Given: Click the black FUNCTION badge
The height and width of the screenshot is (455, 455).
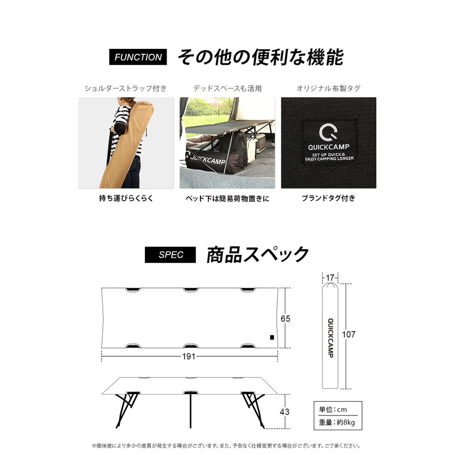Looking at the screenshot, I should pos(138,57).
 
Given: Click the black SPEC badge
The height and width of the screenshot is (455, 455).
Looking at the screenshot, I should pos(170,255).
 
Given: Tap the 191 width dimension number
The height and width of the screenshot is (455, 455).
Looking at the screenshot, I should pos(189,356).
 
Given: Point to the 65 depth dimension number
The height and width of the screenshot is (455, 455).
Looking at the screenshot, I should pos(285,319).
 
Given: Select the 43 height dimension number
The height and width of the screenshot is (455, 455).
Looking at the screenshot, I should pos(285,412).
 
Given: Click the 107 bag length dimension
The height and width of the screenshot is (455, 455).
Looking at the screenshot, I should pos(349,335).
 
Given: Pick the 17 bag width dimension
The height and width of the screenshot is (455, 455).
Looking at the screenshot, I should pos(330,278).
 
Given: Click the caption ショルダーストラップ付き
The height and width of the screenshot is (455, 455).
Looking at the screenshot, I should pos(126,88).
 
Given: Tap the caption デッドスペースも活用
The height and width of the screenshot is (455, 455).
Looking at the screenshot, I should pos(227,88).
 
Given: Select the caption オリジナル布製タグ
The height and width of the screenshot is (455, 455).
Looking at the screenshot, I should pos(328,88).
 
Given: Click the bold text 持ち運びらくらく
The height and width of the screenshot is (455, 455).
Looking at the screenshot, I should pos(126,199).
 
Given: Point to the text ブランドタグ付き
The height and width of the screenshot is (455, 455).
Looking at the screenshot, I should pos(328,199).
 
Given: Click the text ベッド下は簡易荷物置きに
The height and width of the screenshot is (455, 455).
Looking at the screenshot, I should pos(227,199).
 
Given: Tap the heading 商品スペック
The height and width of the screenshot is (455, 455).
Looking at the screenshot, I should pos(257,255).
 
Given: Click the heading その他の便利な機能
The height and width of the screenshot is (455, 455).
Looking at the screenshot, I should pos(260,57).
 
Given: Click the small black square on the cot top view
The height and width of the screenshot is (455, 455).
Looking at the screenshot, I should pos(271,338).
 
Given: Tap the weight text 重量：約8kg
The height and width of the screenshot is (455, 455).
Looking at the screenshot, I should pos(337,423).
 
